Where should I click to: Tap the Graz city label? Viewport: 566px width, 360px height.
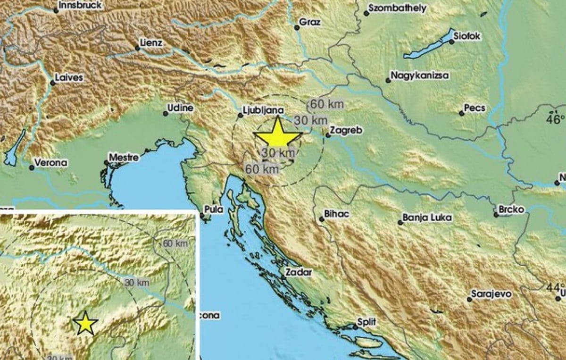tap(310, 22)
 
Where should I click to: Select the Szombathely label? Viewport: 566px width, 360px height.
tap(397, 8)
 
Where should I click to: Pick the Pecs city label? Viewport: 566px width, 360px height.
tap(474, 109)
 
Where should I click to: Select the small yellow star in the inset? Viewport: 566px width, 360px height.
tap(85, 324)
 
